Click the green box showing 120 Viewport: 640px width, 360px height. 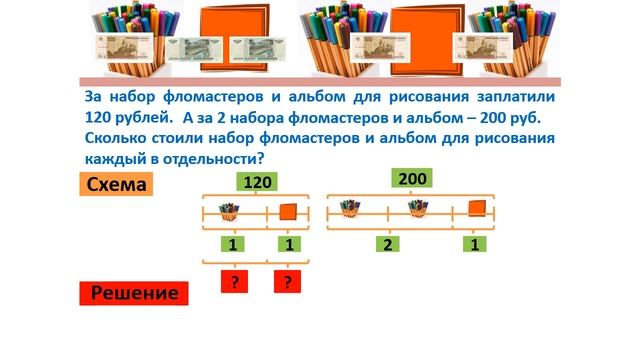tap(258, 182)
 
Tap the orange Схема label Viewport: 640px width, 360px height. tap(117, 185)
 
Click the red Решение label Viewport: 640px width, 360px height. tap(134, 293)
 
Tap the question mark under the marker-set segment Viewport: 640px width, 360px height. tap(234, 283)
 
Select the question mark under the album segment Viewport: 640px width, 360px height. tap(288, 283)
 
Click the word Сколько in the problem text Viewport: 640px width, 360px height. tap(119, 138)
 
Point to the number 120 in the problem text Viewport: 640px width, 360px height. tap(102, 118)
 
